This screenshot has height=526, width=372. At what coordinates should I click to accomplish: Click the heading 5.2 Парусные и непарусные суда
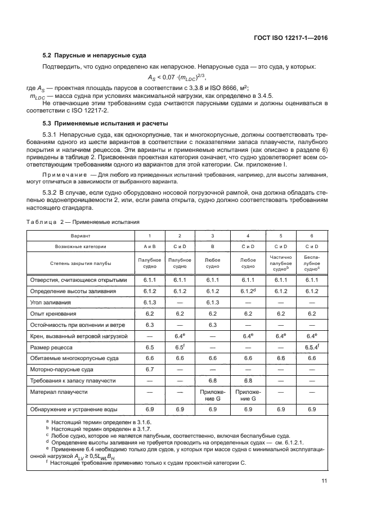95,55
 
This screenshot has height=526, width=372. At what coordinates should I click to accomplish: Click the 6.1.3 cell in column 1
150,302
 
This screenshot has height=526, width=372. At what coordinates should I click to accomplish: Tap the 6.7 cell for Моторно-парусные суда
150,368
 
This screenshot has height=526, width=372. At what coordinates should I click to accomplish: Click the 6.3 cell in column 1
150,324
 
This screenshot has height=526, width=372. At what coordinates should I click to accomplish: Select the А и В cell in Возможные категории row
150,246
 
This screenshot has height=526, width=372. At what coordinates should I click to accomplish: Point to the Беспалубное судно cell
312,262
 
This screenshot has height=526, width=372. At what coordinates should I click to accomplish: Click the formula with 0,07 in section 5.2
177,78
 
